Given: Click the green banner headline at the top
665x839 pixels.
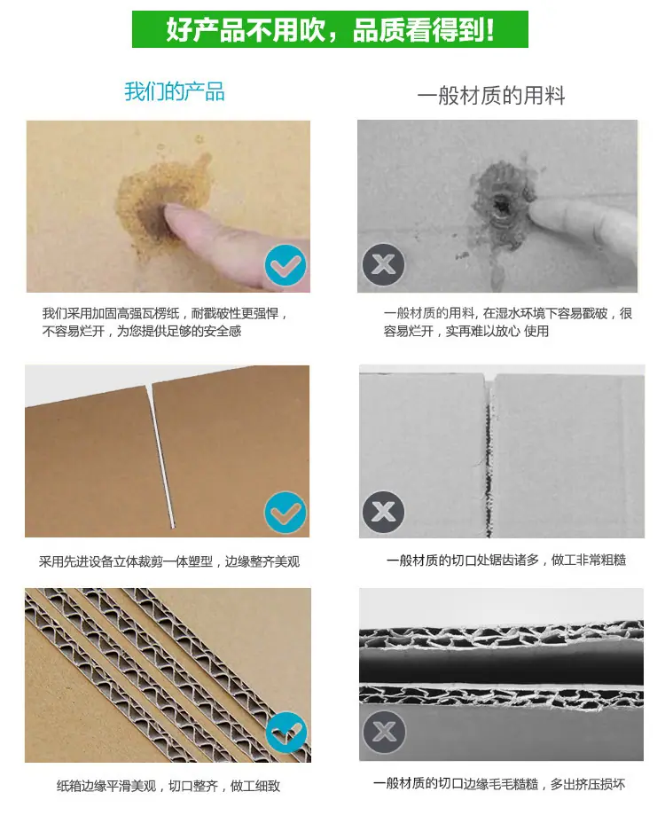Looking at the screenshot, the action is tap(330, 29).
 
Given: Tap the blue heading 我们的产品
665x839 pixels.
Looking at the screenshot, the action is tap(175, 91).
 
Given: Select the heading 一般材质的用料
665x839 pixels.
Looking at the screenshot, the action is tap(491, 96).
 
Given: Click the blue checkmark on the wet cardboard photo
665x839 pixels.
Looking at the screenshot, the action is tap(286, 265).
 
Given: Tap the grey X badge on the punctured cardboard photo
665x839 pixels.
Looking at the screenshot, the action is tap(383, 264).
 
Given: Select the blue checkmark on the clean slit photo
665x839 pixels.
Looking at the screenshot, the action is tap(286, 513).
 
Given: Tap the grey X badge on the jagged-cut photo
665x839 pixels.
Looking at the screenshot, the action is tap(383, 512).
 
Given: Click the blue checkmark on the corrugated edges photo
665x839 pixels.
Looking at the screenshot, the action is tap(286, 733).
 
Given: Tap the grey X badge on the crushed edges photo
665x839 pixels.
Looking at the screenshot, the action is tap(384, 732).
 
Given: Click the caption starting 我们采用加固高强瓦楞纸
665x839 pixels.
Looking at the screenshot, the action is tap(165, 322).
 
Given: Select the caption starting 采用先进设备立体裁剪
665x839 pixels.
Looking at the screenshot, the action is tap(169, 561).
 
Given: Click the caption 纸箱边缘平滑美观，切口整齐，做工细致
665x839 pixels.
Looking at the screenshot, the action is tap(168, 786).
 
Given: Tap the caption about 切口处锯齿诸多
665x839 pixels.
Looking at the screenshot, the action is tap(506, 560).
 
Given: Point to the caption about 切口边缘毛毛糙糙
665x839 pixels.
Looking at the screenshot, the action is tap(499, 784).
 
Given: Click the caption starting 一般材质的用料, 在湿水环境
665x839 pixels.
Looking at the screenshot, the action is tap(508, 322).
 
